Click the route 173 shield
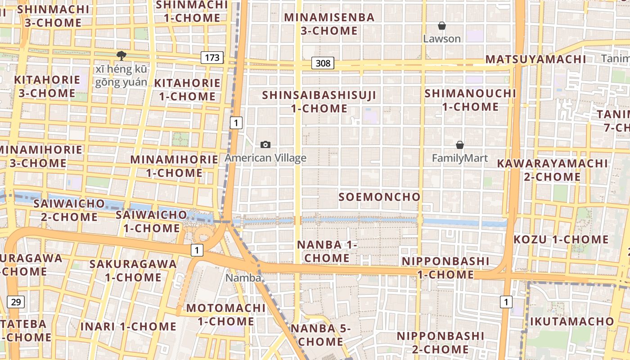(x=212, y=58)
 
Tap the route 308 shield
(x=323, y=63)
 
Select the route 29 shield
(x=16, y=301)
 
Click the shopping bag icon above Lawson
(x=442, y=26)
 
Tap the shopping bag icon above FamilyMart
(x=460, y=145)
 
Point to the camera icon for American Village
(x=265, y=144)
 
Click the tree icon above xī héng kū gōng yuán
(x=121, y=56)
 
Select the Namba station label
(x=243, y=278)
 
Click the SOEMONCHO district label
(x=379, y=197)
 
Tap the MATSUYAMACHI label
(x=535, y=59)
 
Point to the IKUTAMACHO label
(x=571, y=321)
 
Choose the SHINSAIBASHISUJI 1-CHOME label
(x=319, y=102)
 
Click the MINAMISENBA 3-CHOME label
(x=329, y=24)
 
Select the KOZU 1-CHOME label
(x=561, y=239)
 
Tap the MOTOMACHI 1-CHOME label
(x=226, y=315)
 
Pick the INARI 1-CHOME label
(x=128, y=326)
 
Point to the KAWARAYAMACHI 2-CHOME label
(x=552, y=170)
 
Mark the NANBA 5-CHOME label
(x=320, y=334)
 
